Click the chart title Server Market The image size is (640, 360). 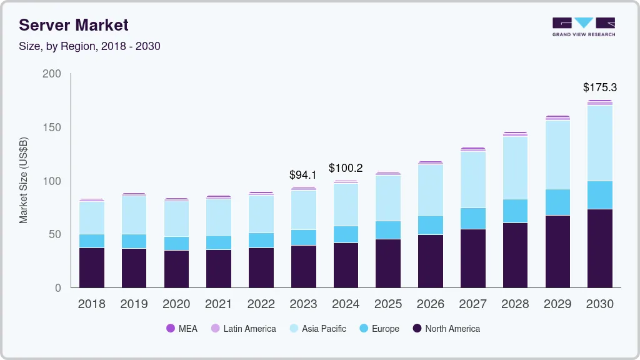click(73, 25)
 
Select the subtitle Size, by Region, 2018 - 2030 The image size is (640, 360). click(89, 46)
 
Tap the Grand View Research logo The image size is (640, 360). click(583, 27)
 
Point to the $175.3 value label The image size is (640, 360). click(599, 87)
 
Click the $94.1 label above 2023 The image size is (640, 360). click(303, 175)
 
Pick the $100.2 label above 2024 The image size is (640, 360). click(346, 168)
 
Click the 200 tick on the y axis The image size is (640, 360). click(51, 74)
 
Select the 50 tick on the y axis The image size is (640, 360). click(54, 234)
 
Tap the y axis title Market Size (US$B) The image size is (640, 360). click(24, 181)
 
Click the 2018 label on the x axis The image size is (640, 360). click(91, 304)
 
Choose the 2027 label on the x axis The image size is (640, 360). click(472, 304)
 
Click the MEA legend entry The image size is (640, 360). click(181, 329)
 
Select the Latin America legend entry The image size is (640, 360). click(243, 329)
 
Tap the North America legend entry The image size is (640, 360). click(446, 329)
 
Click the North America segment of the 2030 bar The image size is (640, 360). click(600, 248)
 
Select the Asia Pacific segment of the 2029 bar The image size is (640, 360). click(557, 154)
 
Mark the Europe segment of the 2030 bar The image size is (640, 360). click(600, 195)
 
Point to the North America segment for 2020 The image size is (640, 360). click(176, 269)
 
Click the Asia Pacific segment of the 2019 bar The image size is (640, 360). click(134, 215)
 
